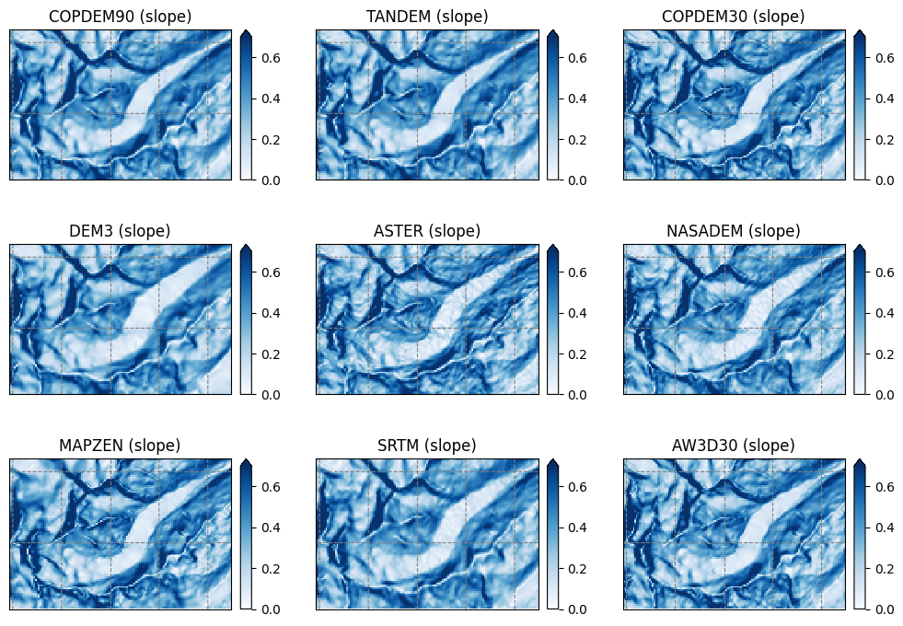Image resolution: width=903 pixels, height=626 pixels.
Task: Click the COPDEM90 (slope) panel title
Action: click(x=120, y=17)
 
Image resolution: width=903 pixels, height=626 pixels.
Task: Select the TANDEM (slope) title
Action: click(x=427, y=17)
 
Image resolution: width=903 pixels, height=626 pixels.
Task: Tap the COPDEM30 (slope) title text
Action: click(x=734, y=17)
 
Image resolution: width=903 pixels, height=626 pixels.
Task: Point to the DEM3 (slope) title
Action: click(x=120, y=231)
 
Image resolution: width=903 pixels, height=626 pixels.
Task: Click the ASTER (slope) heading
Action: click(x=427, y=231)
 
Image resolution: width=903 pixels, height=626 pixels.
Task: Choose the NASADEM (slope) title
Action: click(x=734, y=231)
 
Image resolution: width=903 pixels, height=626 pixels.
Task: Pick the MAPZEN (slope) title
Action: click(x=120, y=446)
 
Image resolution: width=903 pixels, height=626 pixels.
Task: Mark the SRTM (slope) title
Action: click(x=427, y=446)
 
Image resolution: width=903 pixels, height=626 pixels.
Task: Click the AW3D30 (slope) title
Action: click(x=734, y=446)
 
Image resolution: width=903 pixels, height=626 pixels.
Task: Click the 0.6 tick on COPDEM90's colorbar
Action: click(x=267, y=57)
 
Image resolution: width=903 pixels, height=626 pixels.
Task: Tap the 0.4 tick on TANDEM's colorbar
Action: click(x=573, y=99)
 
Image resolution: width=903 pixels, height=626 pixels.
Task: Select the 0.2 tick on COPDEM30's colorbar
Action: click(x=881, y=139)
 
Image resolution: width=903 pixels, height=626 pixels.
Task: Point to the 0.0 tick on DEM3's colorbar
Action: click(x=267, y=395)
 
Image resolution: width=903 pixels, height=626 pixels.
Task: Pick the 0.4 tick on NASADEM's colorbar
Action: click(x=881, y=313)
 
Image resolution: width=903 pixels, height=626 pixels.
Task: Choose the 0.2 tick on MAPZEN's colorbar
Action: click(x=267, y=568)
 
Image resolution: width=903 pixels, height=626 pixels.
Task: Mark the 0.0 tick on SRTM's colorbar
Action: click(x=573, y=609)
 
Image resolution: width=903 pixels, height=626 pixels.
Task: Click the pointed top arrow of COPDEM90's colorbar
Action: click(x=246, y=34)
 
